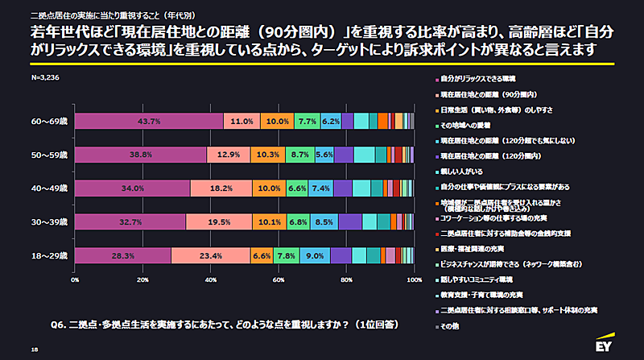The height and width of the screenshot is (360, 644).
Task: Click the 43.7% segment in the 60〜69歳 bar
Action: pos(149,121)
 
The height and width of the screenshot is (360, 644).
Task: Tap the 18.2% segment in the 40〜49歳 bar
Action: pos(221,188)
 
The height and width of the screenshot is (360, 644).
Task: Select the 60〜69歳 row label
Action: pos(50,121)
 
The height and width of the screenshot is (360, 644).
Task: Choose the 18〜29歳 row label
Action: pos(50,255)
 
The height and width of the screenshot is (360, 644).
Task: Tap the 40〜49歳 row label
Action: pos(50,188)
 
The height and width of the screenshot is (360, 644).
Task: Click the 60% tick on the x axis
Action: pos(279,280)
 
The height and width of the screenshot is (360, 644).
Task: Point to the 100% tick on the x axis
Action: pos(415,280)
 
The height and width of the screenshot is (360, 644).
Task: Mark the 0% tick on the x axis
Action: pos(75,280)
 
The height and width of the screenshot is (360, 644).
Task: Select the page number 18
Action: pos(34,350)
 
